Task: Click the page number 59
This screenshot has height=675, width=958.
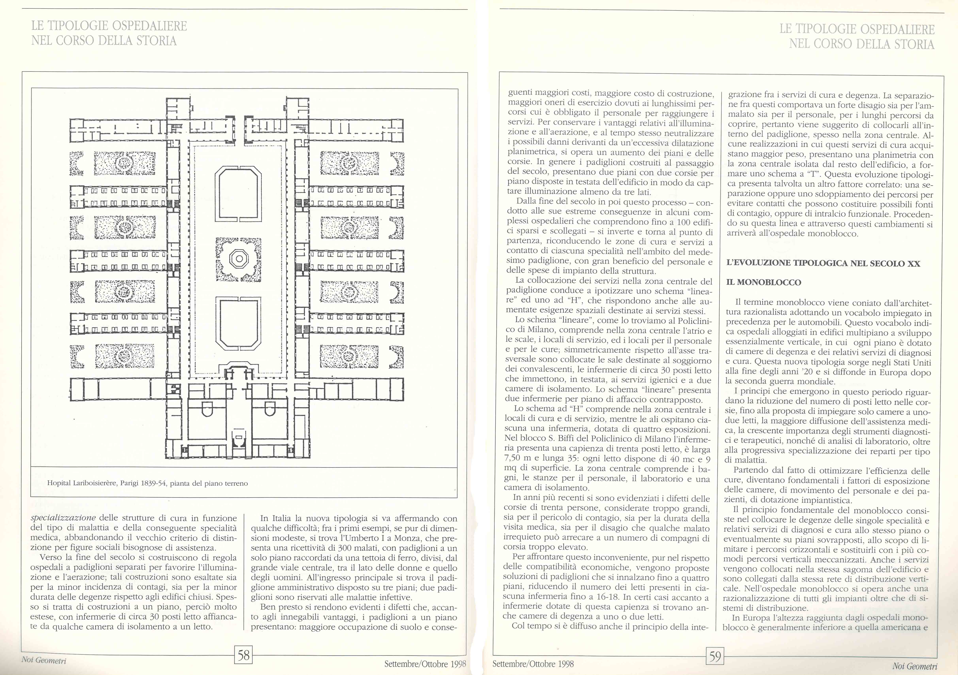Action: click(715, 657)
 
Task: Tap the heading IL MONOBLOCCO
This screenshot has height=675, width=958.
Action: click(764, 282)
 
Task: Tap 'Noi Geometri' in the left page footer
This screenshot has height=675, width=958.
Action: click(44, 660)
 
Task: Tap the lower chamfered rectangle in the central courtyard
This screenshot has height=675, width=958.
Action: click(238, 325)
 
